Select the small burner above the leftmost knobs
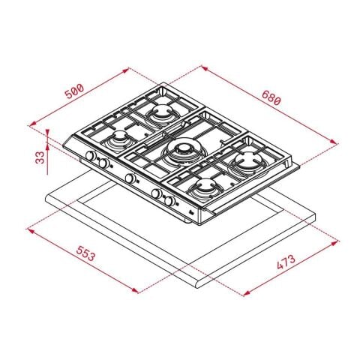(118, 140)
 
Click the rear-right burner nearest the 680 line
(244, 160)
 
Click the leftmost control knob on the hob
(91, 157)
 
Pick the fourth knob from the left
(157, 194)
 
